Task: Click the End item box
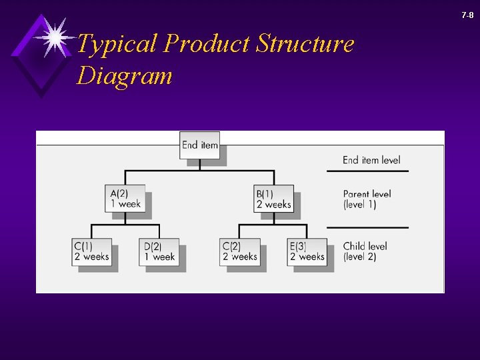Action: [200, 145]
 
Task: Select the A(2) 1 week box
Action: [125, 199]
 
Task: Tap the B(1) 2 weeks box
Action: [273, 199]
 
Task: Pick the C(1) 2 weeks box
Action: [92, 252]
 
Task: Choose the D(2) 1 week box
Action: [159, 252]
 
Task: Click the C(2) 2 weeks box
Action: [240, 252]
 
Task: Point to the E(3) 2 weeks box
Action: [307, 252]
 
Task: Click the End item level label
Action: [371, 160]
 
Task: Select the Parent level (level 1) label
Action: [367, 199]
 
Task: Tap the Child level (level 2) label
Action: [365, 251]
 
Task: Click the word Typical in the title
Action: [117, 45]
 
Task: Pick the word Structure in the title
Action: [305, 44]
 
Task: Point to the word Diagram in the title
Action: [125, 75]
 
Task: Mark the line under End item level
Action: [367, 171]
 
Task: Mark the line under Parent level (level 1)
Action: [367, 227]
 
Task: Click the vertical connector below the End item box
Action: [200, 164]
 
